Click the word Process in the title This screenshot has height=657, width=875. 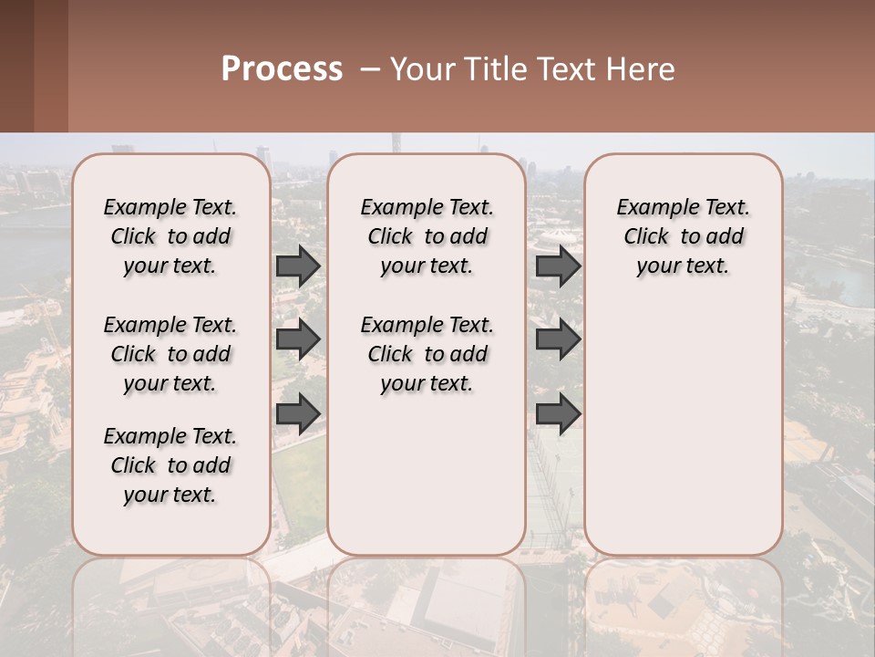[282, 68]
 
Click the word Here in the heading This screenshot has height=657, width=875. [642, 68]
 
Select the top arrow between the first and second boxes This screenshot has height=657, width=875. [298, 266]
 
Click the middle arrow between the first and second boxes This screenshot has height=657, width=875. [298, 339]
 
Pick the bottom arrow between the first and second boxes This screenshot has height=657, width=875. [298, 413]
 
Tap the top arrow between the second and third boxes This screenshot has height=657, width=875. [558, 266]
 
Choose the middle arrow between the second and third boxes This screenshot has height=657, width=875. [558, 339]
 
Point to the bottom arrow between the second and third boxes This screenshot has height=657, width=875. [558, 413]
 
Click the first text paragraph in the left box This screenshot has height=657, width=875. [170, 236]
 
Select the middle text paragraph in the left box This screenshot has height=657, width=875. [170, 354]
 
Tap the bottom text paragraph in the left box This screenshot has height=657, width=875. [170, 465]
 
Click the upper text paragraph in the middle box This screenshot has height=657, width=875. [427, 236]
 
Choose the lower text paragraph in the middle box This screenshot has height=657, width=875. [427, 354]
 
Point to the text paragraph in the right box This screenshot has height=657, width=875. [684, 236]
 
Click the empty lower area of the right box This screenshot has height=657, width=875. [684, 429]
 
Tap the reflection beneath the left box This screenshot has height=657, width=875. [170, 602]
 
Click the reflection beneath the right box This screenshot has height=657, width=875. [684, 602]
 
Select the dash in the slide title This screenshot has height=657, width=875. [371, 69]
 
